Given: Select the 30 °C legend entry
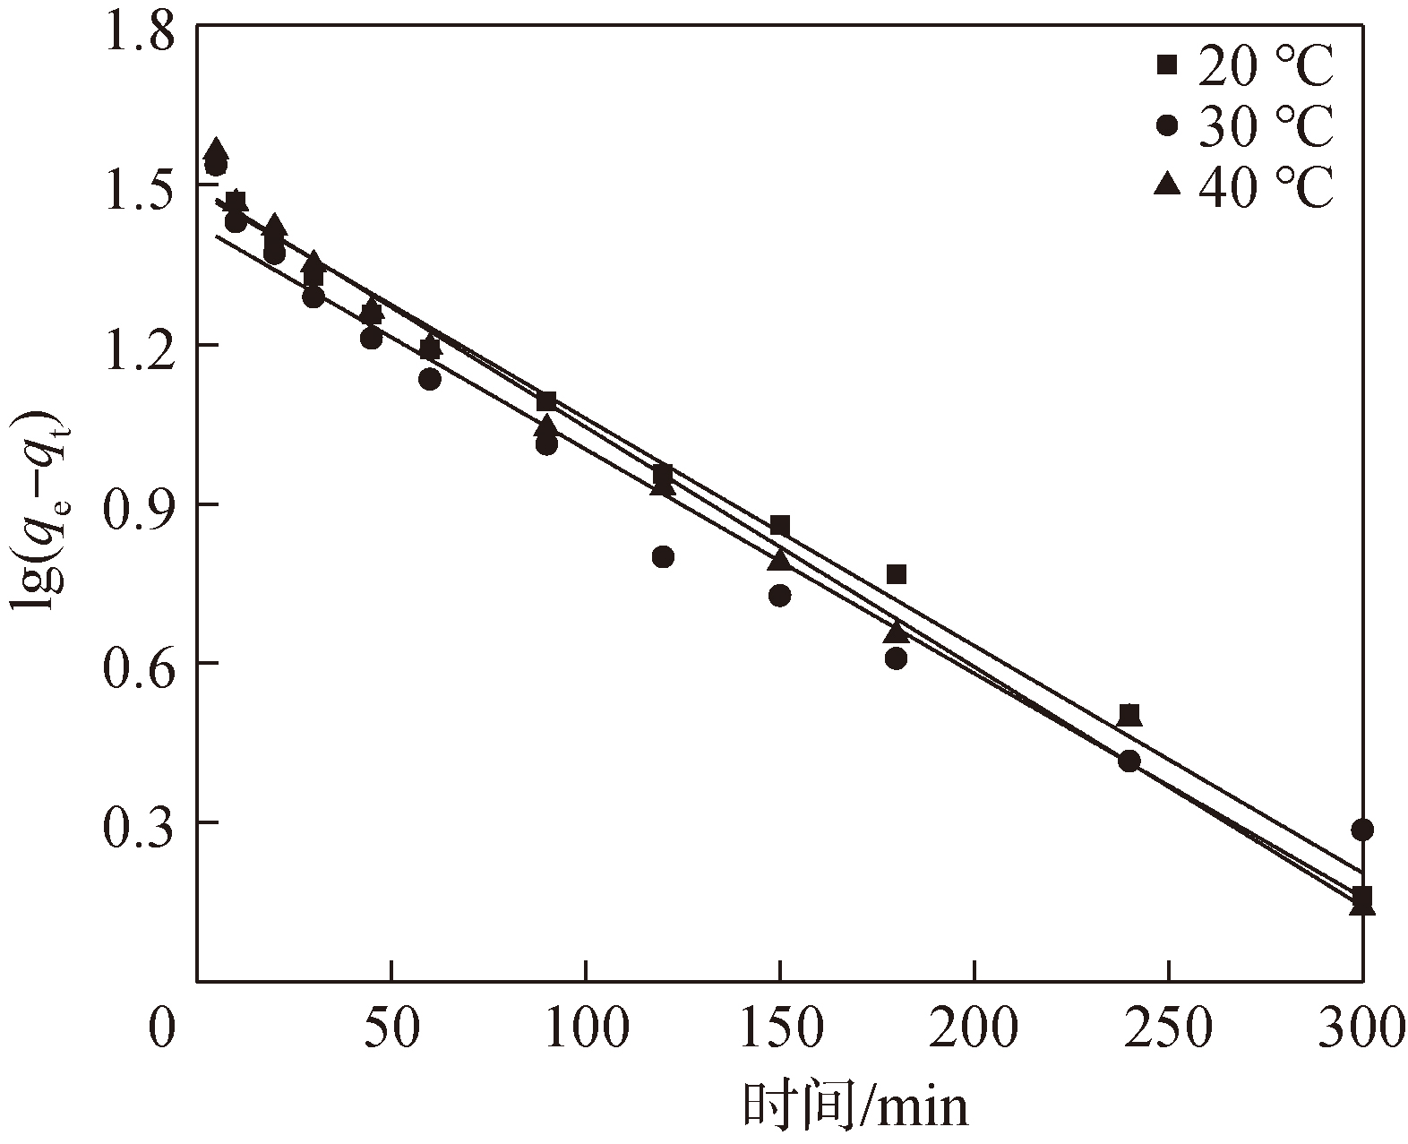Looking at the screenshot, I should pyautogui.click(x=1245, y=126).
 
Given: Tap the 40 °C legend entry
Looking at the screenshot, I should pyautogui.click(x=1245, y=187).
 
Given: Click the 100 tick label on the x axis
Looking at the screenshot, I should pyautogui.click(x=586, y=1030).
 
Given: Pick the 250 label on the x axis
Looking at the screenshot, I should pyautogui.click(x=1168, y=1030).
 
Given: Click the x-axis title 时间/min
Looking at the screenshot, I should pyautogui.click(x=855, y=1107).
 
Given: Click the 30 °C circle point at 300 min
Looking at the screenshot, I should pyautogui.click(x=1362, y=830).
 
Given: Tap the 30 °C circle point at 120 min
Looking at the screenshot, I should pyautogui.click(x=663, y=556).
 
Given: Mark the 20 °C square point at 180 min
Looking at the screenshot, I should pyautogui.click(x=897, y=574).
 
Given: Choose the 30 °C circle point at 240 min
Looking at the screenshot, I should pyautogui.click(x=1129, y=761).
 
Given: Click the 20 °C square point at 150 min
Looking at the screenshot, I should pyautogui.click(x=780, y=525).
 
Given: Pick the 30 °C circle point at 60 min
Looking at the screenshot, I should pyautogui.click(x=430, y=379).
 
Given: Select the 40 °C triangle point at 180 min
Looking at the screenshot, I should pyautogui.click(x=897, y=632).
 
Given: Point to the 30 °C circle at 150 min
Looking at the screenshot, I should pyautogui.click(x=780, y=595).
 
